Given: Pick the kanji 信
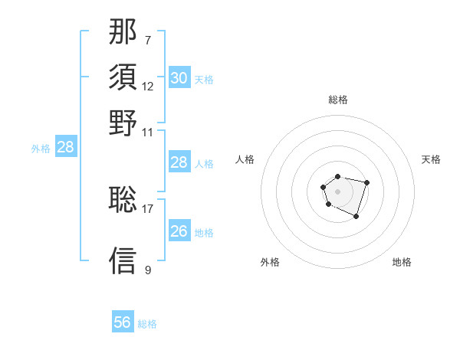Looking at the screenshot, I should coord(123,260).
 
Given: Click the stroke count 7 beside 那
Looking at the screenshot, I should coord(148,39).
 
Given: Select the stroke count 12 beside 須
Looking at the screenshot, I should coord(148,86).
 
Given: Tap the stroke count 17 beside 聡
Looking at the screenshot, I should coord(148,208).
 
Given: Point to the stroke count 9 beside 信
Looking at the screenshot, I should coord(148,270).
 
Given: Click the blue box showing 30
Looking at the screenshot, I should coord(179,78).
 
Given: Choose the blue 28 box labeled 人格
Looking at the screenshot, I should coord(179,162).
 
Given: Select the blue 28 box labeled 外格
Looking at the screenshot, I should coord(66,147).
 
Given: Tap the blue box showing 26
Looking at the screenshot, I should coord(179,231).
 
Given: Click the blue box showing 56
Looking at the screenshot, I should coord(123,322).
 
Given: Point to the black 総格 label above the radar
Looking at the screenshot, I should coord(338,100).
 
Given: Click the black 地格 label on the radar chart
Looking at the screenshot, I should coord(402,263).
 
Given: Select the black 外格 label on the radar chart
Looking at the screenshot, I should coord(270,263).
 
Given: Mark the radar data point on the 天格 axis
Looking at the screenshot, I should coord(366,182).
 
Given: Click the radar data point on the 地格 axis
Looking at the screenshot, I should coord(356,217).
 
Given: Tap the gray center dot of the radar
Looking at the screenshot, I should coord(337,191).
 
